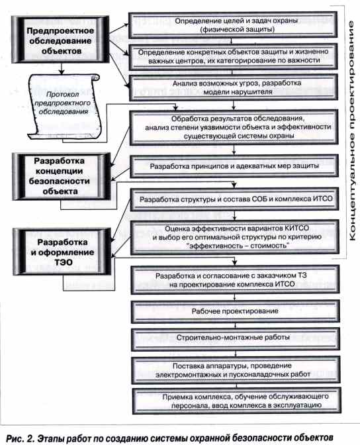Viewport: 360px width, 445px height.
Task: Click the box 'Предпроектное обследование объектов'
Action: point(60,40)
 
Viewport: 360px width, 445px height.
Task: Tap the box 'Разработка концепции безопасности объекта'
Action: point(61,176)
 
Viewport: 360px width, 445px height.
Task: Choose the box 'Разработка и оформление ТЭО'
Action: point(62,252)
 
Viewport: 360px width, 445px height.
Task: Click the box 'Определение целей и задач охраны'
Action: point(233,25)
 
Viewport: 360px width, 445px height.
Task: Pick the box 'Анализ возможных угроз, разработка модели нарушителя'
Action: point(234,87)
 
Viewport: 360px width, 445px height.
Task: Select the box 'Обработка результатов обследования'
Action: point(234,127)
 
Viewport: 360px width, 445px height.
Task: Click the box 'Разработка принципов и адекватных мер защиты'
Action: point(234,166)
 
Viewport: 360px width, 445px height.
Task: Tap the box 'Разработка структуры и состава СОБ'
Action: point(235,199)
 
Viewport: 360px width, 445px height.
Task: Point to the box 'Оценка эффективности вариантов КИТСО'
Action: point(235,237)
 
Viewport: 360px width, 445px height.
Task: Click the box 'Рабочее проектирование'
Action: point(235,311)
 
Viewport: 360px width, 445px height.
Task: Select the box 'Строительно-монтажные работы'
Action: point(236,338)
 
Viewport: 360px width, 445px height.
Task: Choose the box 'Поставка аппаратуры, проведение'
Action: point(236,370)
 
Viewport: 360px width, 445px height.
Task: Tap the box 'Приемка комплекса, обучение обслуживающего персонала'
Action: point(237,401)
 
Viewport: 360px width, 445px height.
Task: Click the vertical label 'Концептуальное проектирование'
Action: point(352,131)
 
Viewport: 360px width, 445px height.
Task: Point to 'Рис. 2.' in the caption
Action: point(20,438)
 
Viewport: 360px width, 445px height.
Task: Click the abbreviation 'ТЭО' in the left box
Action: point(64,262)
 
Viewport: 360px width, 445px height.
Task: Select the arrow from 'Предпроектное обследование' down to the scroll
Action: point(62,69)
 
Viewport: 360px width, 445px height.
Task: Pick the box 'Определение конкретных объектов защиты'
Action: point(233,56)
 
